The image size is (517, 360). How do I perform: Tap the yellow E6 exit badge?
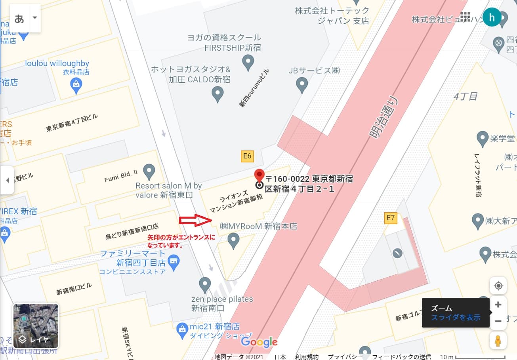(247, 156)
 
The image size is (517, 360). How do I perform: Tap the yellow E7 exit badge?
(391, 217)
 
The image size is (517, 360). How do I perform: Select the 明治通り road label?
(385, 118)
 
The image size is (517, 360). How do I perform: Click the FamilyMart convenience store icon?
(173, 261)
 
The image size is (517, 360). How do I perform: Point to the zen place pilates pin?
(204, 284)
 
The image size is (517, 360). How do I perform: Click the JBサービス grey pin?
(302, 84)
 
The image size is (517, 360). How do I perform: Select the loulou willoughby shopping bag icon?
(76, 84)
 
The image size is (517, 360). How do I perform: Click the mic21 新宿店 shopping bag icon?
(182, 328)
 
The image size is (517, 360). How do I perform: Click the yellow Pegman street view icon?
(498, 341)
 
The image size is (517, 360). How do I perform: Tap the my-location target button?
(498, 286)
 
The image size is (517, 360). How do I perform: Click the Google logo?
(259, 342)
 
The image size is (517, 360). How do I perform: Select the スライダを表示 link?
(456, 317)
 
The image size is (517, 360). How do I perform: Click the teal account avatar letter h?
(492, 17)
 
